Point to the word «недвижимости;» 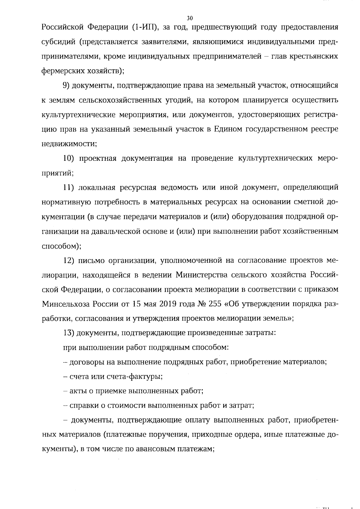(x=69, y=144)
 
